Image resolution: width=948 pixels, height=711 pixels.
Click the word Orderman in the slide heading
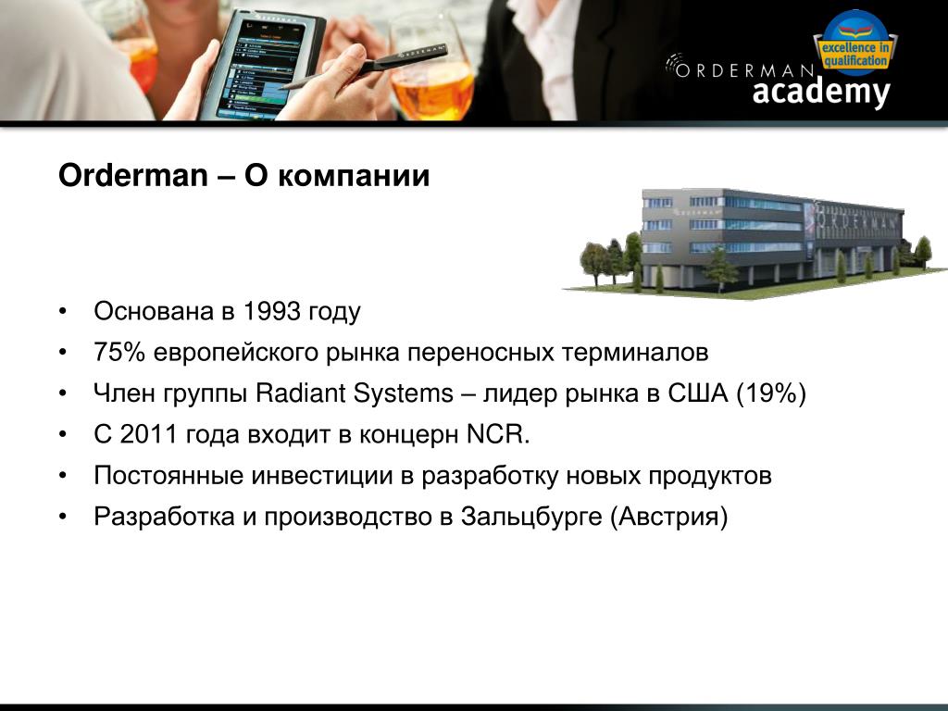pyautogui.click(x=133, y=175)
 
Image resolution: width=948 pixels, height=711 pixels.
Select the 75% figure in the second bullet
pyautogui.click(x=119, y=353)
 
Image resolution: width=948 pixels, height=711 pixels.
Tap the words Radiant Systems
pyautogui.click(x=355, y=393)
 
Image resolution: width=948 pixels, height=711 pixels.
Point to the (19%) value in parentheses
pyautogui.click(x=771, y=393)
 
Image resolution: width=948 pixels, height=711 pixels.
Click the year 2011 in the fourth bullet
pyautogui.click(x=148, y=435)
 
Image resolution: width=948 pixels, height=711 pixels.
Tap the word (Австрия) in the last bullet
pyautogui.click(x=668, y=517)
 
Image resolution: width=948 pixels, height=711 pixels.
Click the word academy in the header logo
pyautogui.click(x=821, y=92)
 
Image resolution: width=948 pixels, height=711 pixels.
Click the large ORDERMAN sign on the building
pyautogui.click(x=857, y=220)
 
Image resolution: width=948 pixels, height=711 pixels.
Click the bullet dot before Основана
pyautogui.click(x=62, y=312)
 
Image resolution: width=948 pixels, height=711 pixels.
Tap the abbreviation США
pyautogui.click(x=698, y=393)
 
